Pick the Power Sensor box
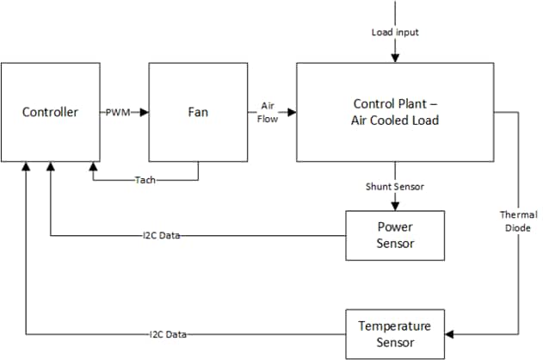395,234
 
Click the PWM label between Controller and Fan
119,112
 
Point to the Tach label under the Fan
145,181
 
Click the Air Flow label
268,112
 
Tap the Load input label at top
395,33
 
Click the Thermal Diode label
518,221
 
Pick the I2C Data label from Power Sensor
161,235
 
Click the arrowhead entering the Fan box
144,112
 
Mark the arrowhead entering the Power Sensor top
395,206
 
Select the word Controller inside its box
50,112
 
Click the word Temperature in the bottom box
395,326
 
